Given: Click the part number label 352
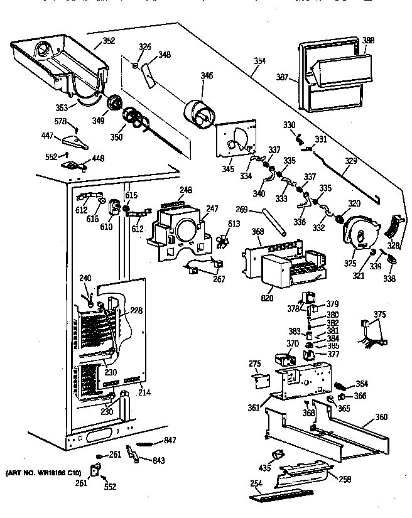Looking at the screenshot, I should tap(109, 42).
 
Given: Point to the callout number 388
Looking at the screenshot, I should tap(368, 41).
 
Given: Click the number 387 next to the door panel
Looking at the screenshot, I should tap(283, 78).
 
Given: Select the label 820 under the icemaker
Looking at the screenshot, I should tap(267, 298).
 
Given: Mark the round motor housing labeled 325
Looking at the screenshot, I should tap(359, 233).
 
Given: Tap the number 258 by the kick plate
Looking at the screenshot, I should tap(345, 479).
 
